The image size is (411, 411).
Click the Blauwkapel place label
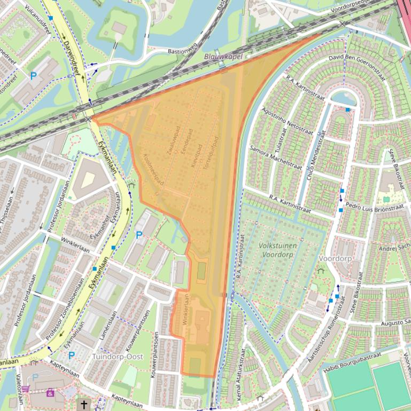pyautogui.click(x=223, y=56)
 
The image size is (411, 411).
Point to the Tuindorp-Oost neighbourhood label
pyautogui.click(x=118, y=356)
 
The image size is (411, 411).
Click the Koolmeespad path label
pyautogui.click(x=153, y=169)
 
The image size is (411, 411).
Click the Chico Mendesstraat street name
pyautogui.click(x=316, y=152)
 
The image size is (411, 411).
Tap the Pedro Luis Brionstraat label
pyautogui.click(x=375, y=206)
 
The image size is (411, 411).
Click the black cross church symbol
pyautogui.click(x=83, y=405)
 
